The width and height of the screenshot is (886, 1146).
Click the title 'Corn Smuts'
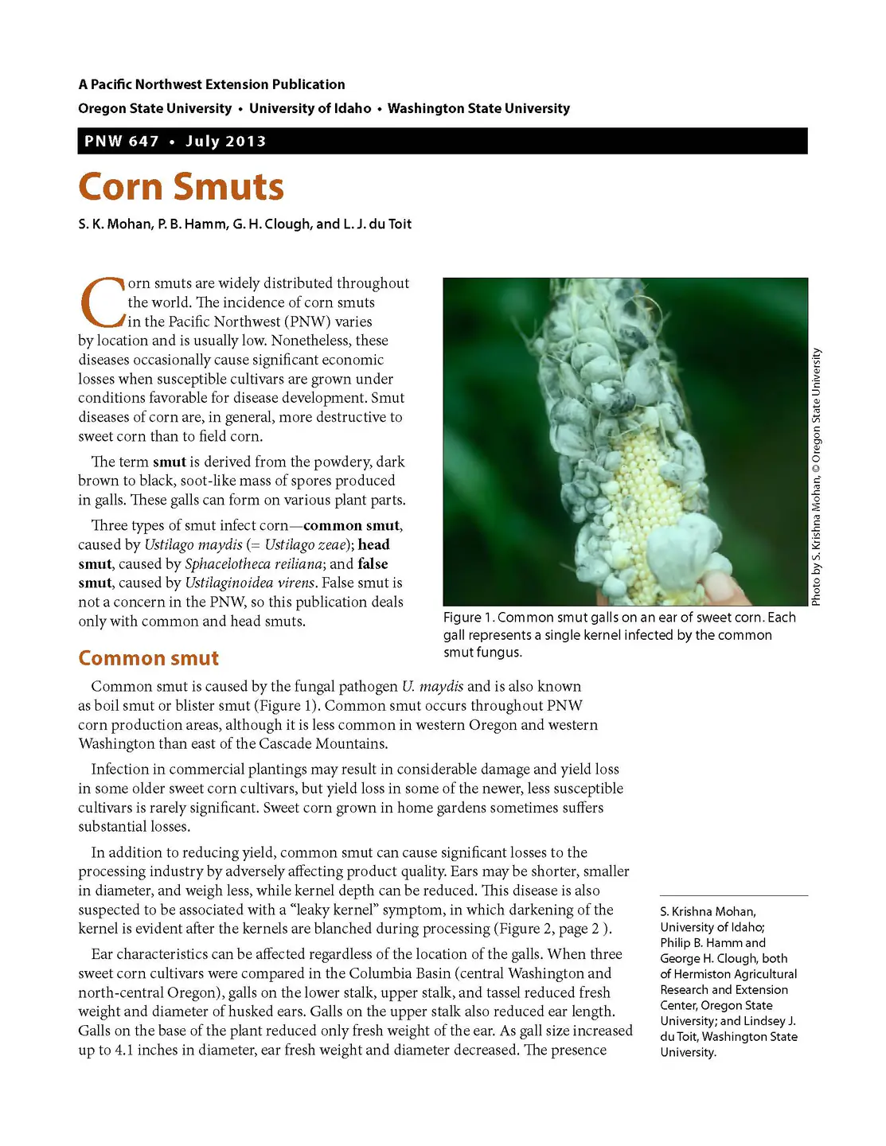click(x=181, y=187)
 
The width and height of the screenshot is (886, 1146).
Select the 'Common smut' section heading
click(x=148, y=658)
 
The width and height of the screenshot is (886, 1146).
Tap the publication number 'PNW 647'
click(x=122, y=142)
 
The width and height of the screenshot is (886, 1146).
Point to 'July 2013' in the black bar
click(x=226, y=142)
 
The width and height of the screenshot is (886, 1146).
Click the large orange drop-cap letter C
click(x=102, y=303)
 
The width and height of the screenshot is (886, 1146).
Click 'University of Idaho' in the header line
click(x=310, y=108)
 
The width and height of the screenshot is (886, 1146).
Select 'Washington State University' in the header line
click(x=478, y=108)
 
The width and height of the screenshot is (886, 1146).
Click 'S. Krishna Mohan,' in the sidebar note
click(x=708, y=911)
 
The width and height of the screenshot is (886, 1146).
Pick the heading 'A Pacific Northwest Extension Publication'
click(x=212, y=84)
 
